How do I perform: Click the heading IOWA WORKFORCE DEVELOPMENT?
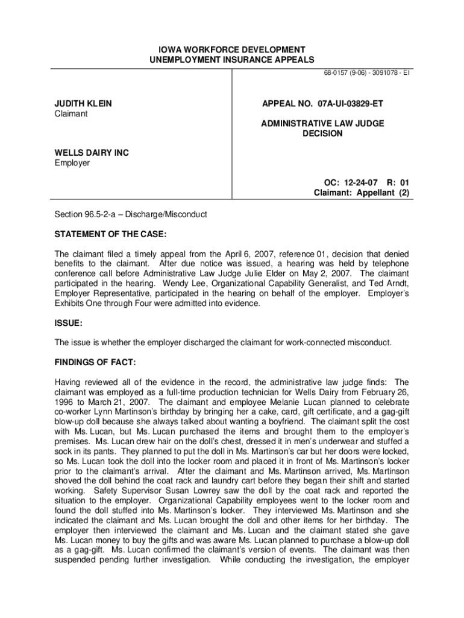[x=232, y=49]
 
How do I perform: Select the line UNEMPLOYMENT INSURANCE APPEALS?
[x=232, y=60]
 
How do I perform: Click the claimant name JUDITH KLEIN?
[x=83, y=104]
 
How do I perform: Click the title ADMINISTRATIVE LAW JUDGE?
[x=322, y=124]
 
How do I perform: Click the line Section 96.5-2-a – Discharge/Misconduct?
[x=131, y=214]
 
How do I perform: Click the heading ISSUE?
[x=69, y=323]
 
